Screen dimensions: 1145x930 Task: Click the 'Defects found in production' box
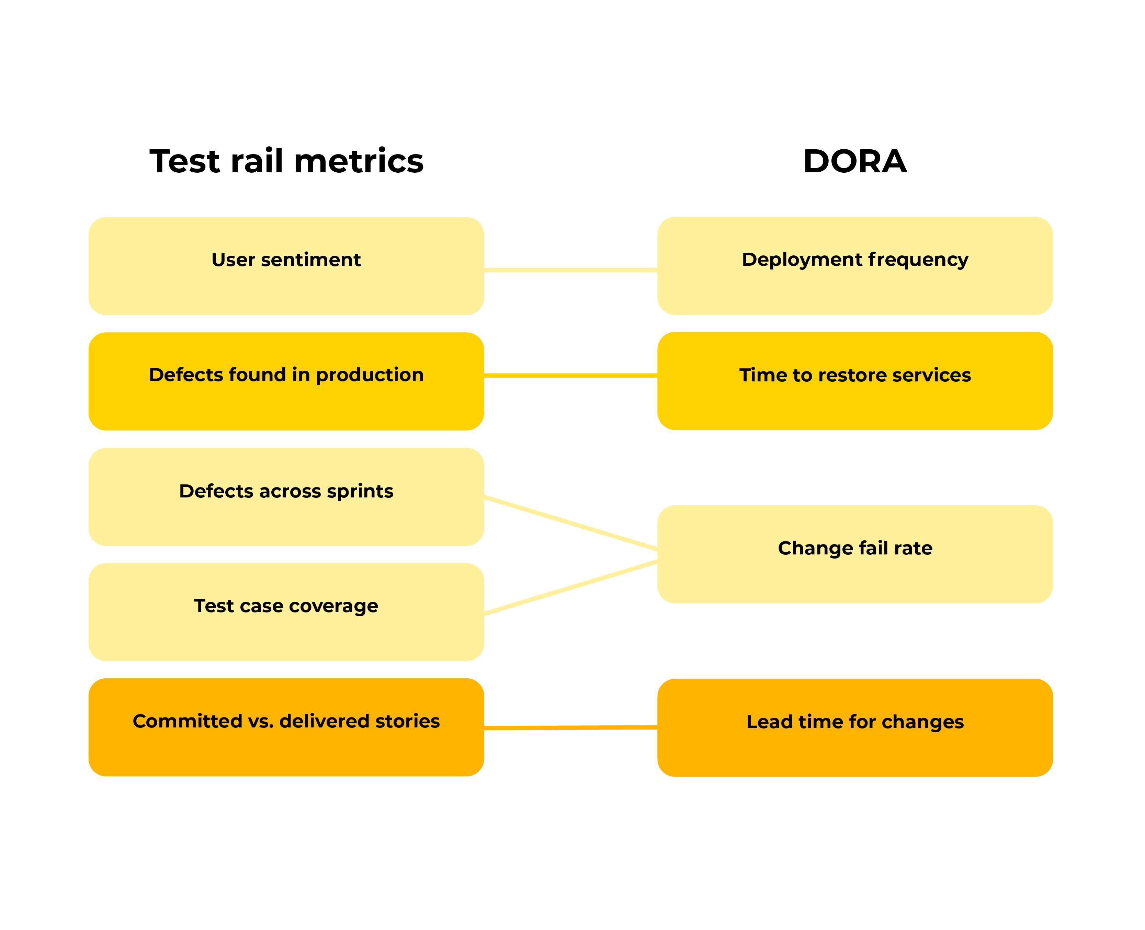click(286, 381)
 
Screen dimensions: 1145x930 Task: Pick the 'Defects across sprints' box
click(286, 497)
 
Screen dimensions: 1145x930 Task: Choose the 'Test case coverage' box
click(286, 612)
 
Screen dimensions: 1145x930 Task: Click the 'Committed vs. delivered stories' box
click(286, 727)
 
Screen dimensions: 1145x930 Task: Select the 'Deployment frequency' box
click(855, 266)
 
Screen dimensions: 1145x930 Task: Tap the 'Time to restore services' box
click(855, 381)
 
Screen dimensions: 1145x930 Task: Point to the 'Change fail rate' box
click(855, 554)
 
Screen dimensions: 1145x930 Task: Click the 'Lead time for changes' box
click(855, 727)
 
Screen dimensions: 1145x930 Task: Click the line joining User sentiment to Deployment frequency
click(571, 270)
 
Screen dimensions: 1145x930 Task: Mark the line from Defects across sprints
click(571, 523)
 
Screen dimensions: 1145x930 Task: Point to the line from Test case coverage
click(571, 587)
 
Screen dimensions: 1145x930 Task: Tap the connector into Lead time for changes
click(571, 727)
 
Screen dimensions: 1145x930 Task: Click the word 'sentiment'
click(311, 260)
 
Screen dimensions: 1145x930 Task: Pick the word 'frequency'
click(918, 260)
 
